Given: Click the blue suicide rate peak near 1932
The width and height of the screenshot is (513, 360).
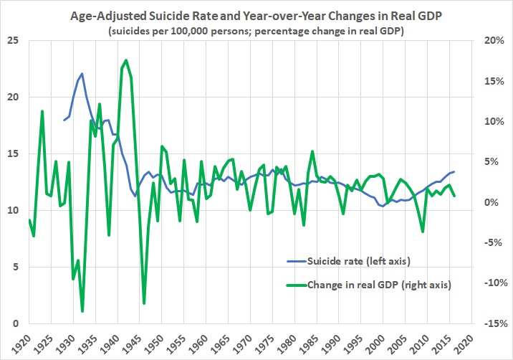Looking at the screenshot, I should [82, 73].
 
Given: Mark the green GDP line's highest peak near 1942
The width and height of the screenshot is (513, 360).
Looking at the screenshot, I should [127, 60].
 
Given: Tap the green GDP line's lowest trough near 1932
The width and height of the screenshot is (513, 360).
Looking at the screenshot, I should [82, 311].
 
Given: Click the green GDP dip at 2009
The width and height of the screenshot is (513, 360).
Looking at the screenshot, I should [423, 232].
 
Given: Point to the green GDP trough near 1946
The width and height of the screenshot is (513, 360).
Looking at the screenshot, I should [144, 303].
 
